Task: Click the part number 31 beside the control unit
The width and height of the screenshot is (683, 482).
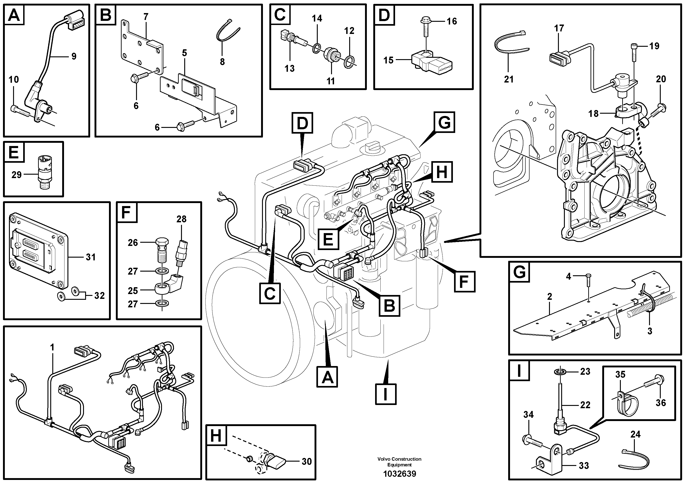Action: click(x=90, y=257)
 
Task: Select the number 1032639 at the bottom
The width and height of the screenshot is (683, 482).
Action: click(x=399, y=473)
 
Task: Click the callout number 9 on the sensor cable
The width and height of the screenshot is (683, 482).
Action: click(x=74, y=56)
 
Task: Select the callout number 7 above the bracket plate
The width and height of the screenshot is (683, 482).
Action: click(x=146, y=17)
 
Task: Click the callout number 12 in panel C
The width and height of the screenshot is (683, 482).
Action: click(x=349, y=31)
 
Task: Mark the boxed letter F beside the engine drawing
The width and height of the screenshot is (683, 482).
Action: click(x=464, y=281)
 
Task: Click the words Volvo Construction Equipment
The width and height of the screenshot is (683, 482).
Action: click(x=399, y=462)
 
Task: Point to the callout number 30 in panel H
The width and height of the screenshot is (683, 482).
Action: click(x=307, y=462)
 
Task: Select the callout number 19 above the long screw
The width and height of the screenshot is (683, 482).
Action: click(x=654, y=46)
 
